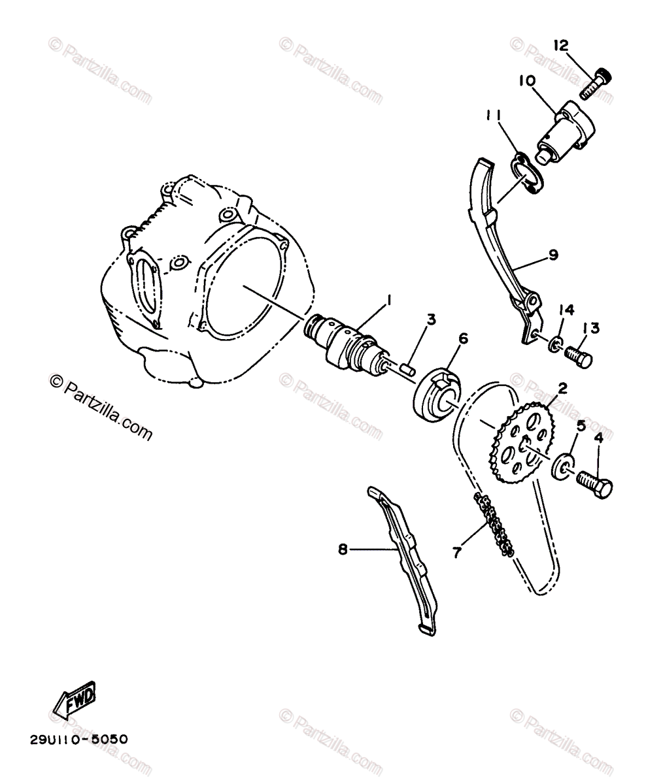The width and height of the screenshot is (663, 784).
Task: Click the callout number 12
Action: click(561, 45)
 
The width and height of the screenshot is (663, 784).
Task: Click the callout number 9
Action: click(553, 255)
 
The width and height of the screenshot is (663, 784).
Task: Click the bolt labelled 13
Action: click(579, 357)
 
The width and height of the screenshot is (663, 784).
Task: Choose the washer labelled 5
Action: click(562, 466)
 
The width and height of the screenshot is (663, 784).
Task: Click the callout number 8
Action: click(343, 550)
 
